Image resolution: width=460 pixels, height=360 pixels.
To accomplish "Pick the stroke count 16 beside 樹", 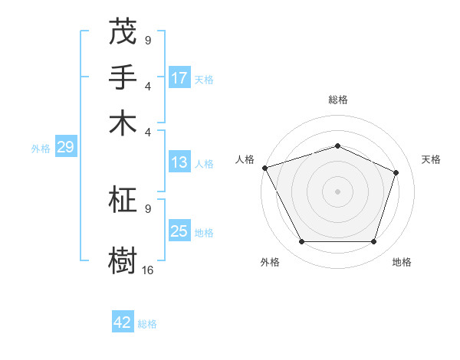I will click(x=148, y=270).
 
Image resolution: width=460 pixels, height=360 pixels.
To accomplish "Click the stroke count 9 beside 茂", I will click(x=148, y=40).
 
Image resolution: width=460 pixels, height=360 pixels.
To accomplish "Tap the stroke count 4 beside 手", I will click(x=148, y=85).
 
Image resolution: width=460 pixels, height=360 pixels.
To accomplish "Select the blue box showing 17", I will click(x=179, y=78).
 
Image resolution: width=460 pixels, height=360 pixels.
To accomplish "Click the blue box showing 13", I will click(x=179, y=162).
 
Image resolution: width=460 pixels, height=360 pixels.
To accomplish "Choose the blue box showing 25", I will click(x=179, y=231).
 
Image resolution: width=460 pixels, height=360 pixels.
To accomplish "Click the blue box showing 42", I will click(x=123, y=322).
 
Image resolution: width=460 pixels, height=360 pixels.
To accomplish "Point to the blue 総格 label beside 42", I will click(x=147, y=324).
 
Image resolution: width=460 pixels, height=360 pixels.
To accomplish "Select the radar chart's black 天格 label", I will click(x=432, y=159).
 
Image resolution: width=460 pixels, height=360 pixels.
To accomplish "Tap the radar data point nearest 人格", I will click(x=264, y=168).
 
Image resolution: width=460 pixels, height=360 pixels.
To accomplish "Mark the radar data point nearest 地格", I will click(x=373, y=242).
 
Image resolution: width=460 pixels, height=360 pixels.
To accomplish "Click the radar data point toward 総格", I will click(x=337, y=146).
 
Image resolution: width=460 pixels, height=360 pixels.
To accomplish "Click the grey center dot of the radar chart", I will click(x=337, y=191).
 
